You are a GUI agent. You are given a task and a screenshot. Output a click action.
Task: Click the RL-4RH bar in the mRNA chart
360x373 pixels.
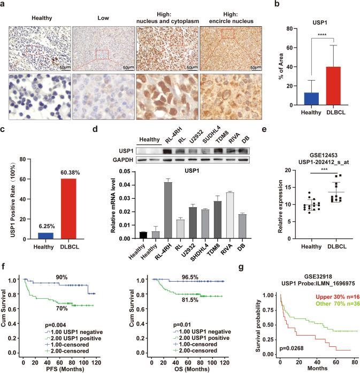(167, 209)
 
